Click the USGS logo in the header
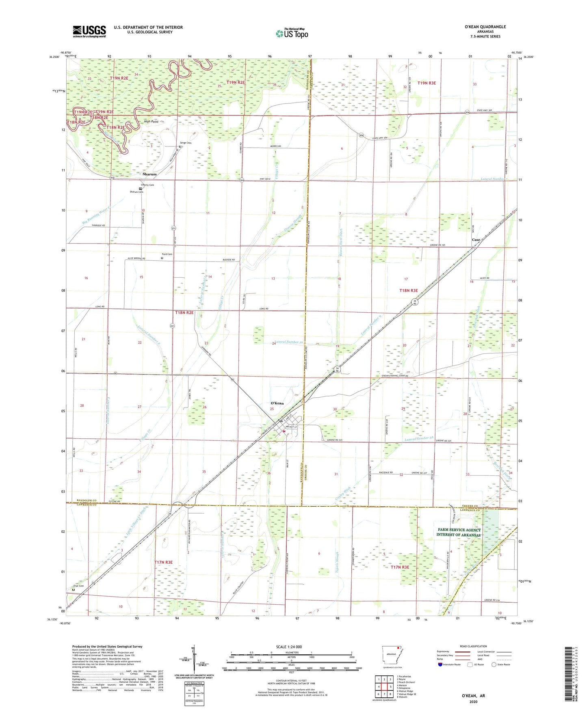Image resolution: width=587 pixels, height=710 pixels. pos(89,31)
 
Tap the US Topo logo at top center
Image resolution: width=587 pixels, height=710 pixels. pos(291,33)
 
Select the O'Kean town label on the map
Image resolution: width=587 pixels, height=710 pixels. pos(277,403)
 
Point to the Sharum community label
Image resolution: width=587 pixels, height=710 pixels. pos(149,174)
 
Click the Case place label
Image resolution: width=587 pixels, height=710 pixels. pos(476,240)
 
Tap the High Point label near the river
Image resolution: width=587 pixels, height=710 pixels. pos(151,122)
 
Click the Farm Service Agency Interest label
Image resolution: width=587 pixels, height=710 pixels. pos(459,532)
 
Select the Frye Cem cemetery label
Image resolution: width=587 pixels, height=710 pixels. pos(78,586)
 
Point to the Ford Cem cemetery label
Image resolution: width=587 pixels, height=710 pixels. pos(167,255)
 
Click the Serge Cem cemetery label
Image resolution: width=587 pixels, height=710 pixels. pos(186,143)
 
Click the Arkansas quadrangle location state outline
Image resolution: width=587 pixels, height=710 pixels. pos(392,662)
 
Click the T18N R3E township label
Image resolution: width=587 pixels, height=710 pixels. pos(408,291)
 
